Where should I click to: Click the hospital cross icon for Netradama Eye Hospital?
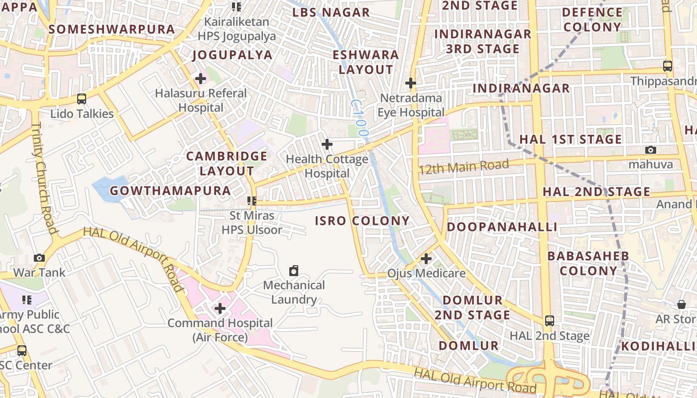411,83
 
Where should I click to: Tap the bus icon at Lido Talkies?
82,99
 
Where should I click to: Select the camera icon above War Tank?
39,258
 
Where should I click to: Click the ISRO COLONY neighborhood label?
362,221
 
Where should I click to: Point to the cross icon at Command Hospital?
220,308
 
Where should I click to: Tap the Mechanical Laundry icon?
294,271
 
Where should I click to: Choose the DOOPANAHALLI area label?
501,227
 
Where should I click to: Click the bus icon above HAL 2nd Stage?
549,320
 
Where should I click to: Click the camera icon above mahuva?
650,150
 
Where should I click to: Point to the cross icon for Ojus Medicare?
426,259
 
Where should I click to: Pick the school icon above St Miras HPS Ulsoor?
252,201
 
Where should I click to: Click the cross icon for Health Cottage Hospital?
327,144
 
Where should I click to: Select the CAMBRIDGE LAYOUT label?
227,163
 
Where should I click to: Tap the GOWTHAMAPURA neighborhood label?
170,191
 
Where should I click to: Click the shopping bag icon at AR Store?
682,304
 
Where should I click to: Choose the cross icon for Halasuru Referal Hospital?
201,79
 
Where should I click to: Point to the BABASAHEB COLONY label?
588,263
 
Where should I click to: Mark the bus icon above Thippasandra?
668,66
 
